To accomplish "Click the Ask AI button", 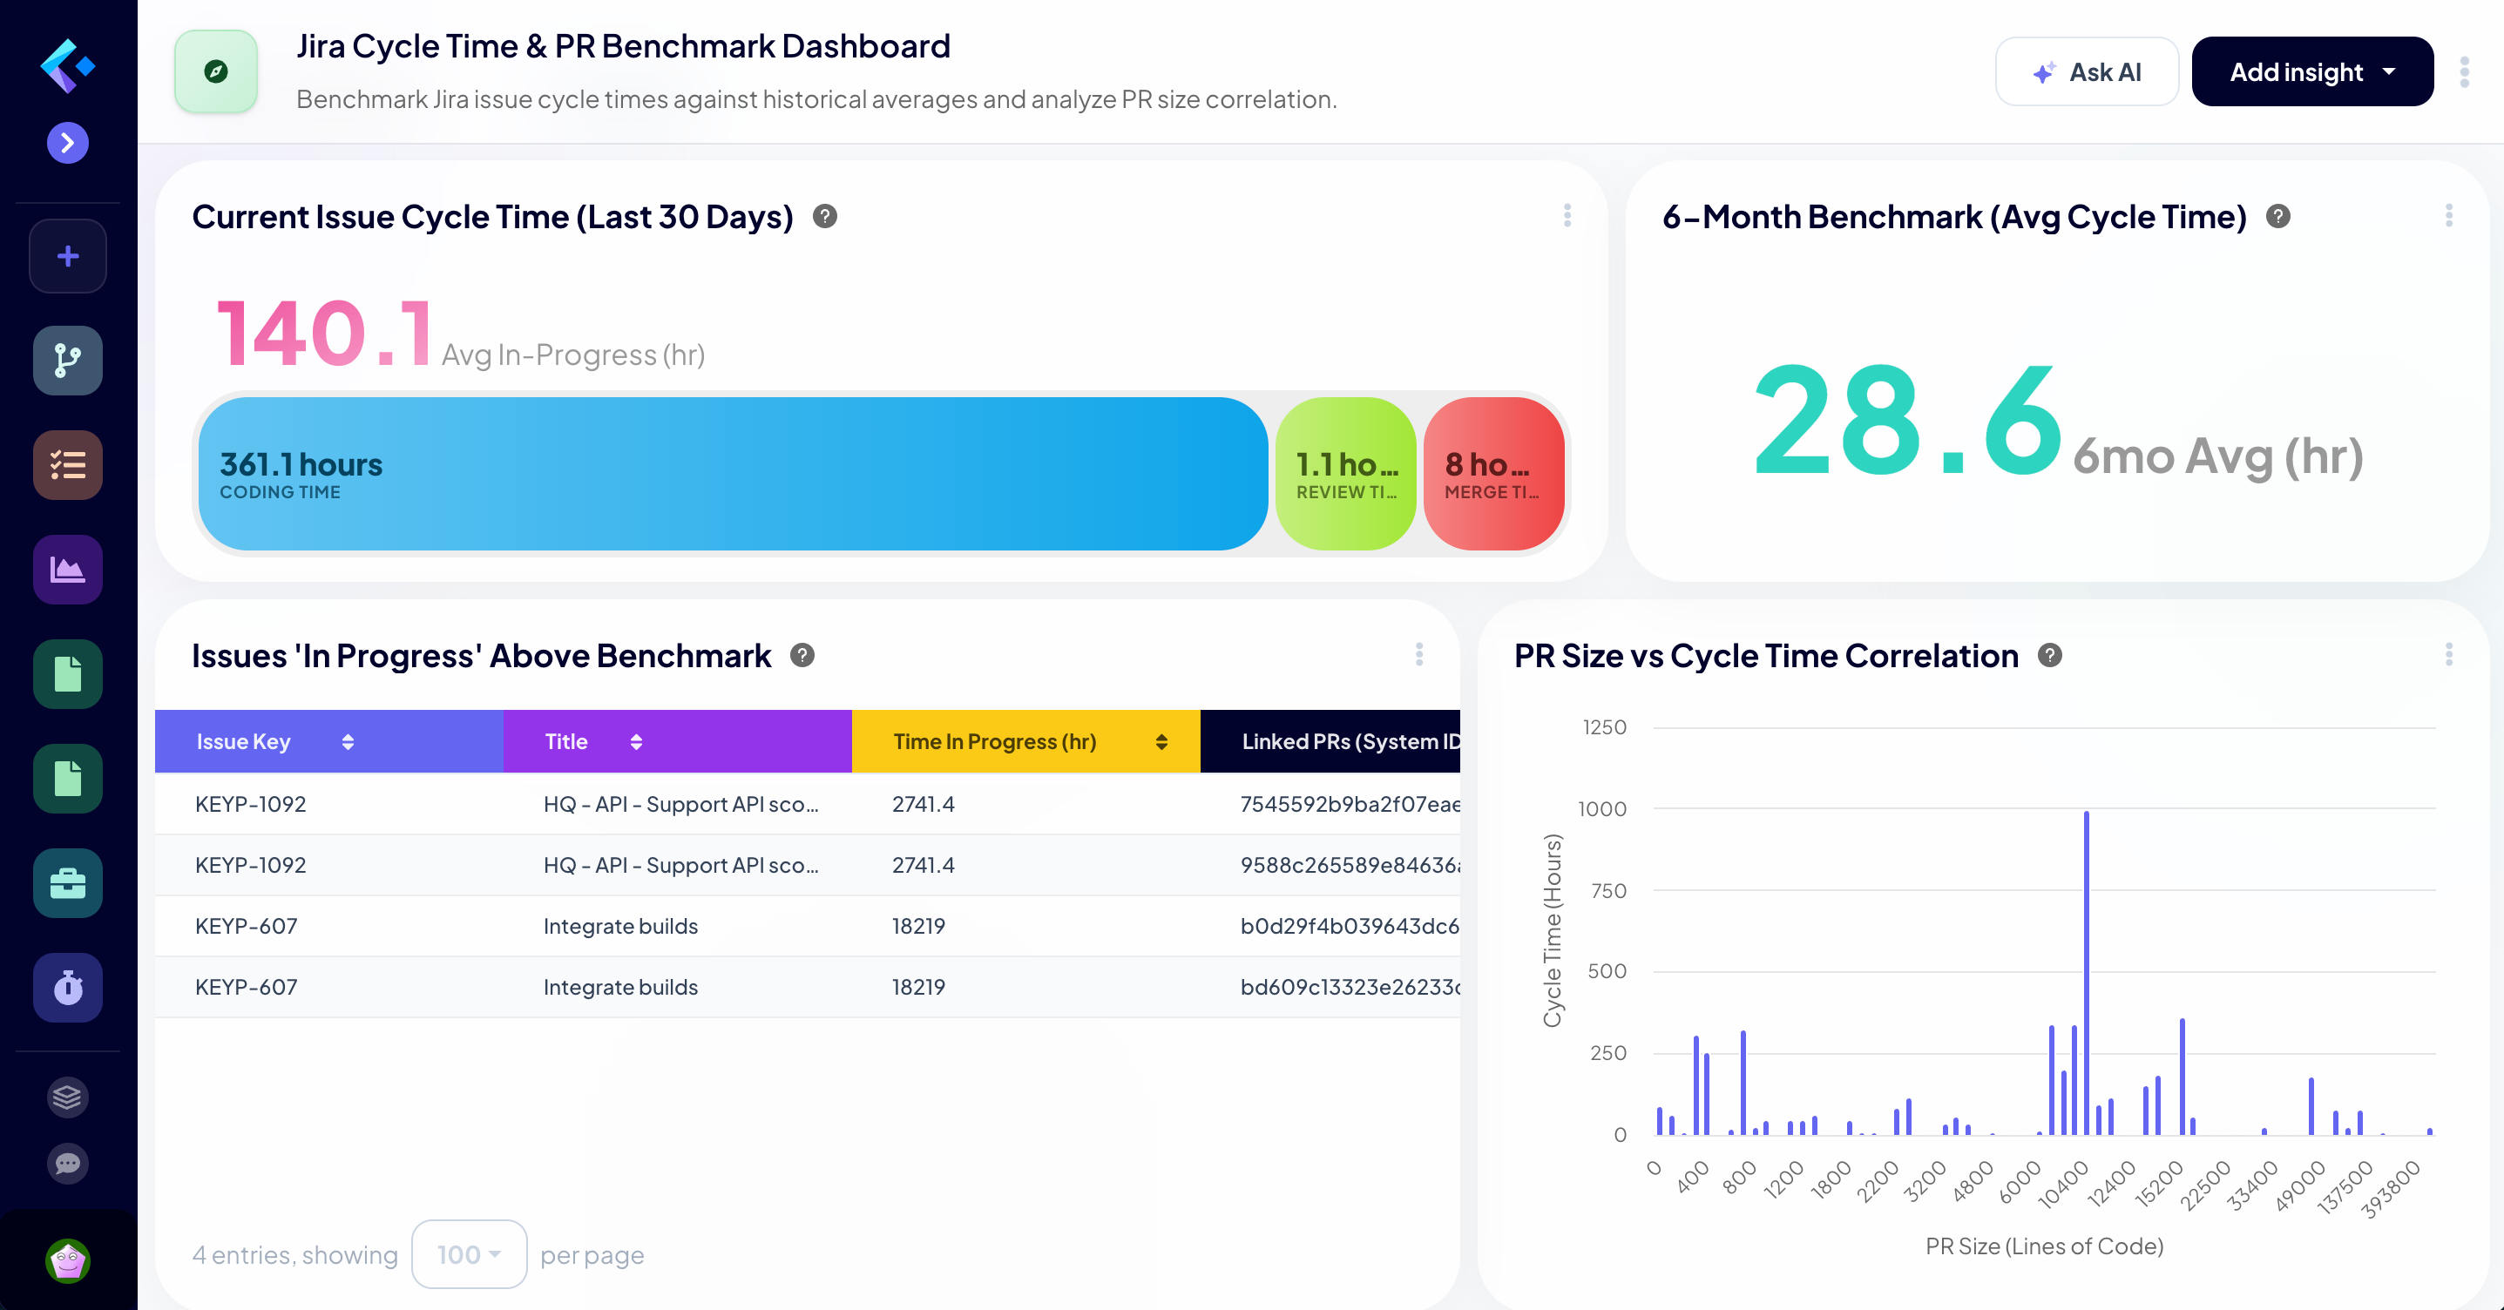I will tap(2086, 72).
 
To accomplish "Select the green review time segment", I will tap(1345, 473).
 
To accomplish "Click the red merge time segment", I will tap(1493, 473).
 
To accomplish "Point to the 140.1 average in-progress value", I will tap(324, 334).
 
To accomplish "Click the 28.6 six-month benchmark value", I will tap(1907, 421).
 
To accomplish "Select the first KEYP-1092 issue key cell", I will tap(251, 804).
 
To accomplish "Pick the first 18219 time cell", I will tap(918, 926).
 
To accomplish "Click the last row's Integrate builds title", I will tap(620, 988).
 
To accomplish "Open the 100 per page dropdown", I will tap(469, 1254).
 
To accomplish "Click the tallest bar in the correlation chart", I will tap(2086, 972).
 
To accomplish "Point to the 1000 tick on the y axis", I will tap(1602, 808).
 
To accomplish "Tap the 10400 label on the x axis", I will tap(2062, 1184).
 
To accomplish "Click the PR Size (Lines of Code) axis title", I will tap(2044, 1246).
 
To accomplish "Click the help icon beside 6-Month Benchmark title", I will tap(2277, 217).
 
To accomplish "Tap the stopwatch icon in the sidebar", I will tap(68, 988).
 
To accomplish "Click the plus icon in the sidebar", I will tap(68, 257).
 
